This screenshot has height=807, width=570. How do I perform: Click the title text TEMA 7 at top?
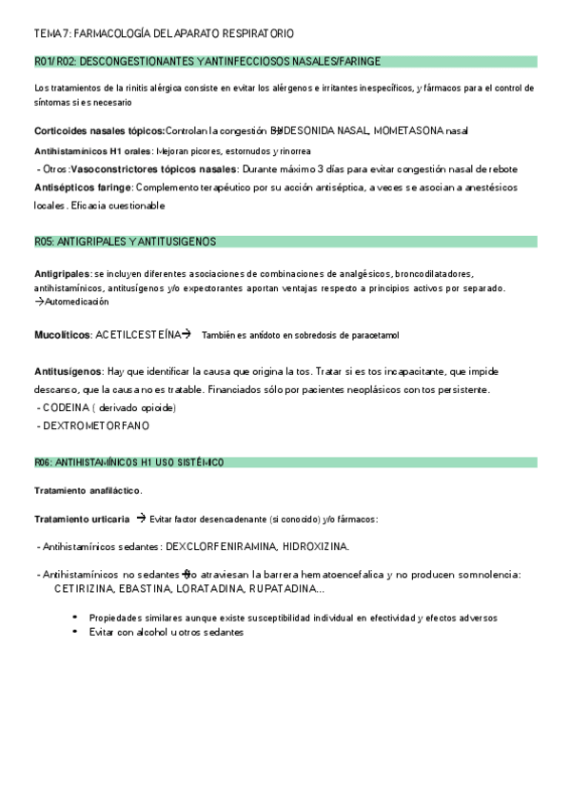(x=53, y=33)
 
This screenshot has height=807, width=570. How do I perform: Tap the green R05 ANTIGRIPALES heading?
(x=125, y=242)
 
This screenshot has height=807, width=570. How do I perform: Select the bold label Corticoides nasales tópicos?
(x=99, y=130)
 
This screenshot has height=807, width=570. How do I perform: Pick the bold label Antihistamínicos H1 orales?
(x=91, y=150)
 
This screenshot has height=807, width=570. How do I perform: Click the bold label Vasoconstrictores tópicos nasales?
(x=153, y=168)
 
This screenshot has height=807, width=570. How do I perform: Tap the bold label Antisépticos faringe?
(x=82, y=187)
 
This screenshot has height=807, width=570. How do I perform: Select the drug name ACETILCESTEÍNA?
(x=138, y=335)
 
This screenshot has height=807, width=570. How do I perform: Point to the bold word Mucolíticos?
(x=62, y=335)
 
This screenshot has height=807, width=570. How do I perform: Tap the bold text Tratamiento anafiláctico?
(x=88, y=491)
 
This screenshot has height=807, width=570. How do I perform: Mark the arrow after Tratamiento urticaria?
(x=140, y=519)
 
